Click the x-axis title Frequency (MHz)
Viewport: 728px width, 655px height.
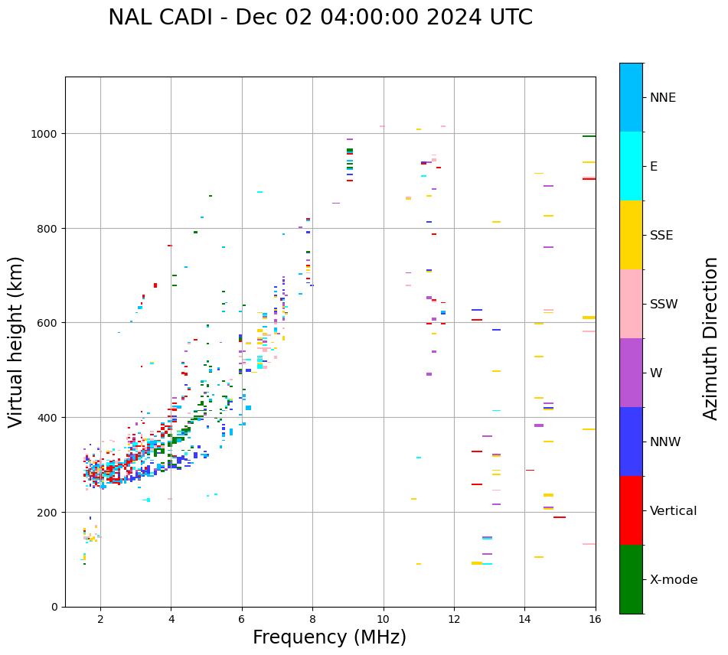click(x=329, y=637)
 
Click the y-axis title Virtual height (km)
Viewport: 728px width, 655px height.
click(x=16, y=341)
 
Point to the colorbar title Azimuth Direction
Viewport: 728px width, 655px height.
click(x=711, y=338)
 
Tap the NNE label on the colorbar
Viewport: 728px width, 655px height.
click(x=663, y=98)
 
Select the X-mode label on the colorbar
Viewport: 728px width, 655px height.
click(x=674, y=580)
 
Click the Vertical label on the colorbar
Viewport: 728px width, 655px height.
click(x=673, y=511)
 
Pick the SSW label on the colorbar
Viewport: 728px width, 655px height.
click(x=664, y=305)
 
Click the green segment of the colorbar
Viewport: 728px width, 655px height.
click(x=631, y=579)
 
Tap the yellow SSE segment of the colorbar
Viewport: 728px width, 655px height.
click(x=631, y=235)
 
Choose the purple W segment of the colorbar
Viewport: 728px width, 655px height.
click(x=631, y=373)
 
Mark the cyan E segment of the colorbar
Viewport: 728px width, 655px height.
click(x=631, y=166)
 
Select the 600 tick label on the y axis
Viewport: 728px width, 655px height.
click(x=48, y=323)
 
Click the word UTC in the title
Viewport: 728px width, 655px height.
click(x=508, y=18)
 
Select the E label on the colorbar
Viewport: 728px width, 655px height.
click(x=654, y=167)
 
